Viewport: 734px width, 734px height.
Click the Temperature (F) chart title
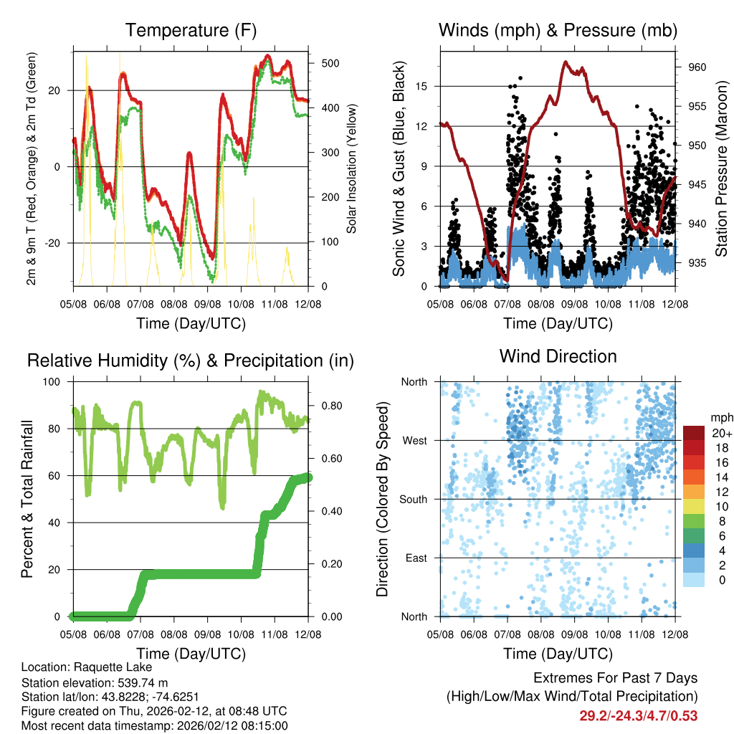[191, 30]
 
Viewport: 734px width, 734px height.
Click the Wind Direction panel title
[558, 356]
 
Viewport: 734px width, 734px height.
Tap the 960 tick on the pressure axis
[698, 67]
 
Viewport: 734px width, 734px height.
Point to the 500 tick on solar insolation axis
[330, 63]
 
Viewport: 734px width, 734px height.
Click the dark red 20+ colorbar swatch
[695, 432]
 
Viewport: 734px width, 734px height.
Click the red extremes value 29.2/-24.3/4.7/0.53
[638, 715]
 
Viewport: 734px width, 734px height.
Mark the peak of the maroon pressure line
[565, 62]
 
